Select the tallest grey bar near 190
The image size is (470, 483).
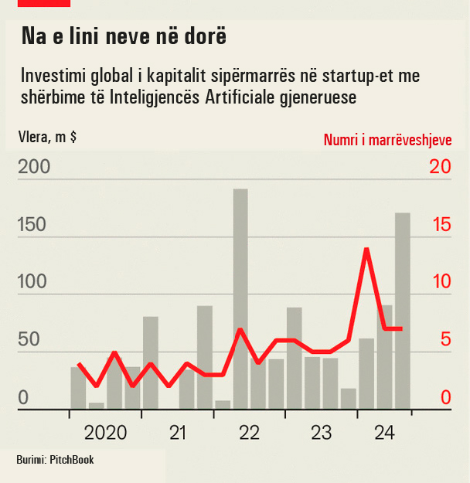[x=240, y=298]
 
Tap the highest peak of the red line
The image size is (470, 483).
[x=366, y=249]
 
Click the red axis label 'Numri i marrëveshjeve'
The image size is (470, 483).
[x=387, y=140]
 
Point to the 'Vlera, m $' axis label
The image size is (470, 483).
[x=47, y=138]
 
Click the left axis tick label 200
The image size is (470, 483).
[x=33, y=168]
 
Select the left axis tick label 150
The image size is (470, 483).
[x=33, y=225]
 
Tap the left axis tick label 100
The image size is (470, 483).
[x=33, y=282]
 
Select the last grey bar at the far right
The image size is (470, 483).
[x=403, y=309]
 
